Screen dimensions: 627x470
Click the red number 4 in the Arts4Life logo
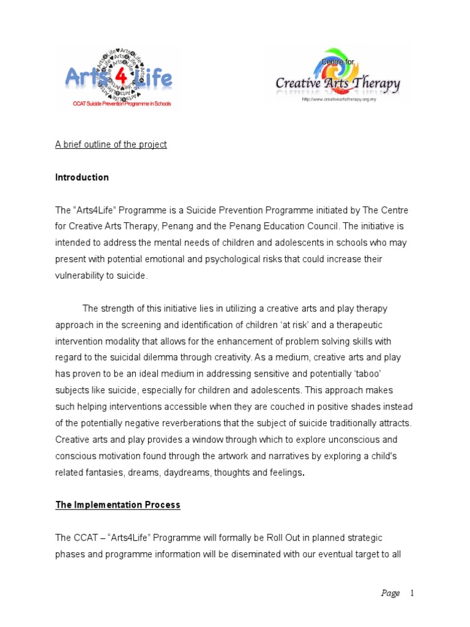pyautogui.click(x=120, y=78)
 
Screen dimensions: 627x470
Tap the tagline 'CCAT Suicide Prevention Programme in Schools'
pyautogui.click(x=121, y=104)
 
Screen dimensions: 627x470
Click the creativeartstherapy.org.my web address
pyautogui.click(x=339, y=99)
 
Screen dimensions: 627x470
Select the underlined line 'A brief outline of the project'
pyautogui.click(x=111, y=145)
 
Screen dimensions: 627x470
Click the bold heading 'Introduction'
pyautogui.click(x=82, y=178)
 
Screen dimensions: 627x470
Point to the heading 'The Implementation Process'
pyautogui.click(x=118, y=505)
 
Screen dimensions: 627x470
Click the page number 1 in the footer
pyautogui.click(x=412, y=593)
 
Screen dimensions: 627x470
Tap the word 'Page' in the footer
pyautogui.click(x=390, y=593)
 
